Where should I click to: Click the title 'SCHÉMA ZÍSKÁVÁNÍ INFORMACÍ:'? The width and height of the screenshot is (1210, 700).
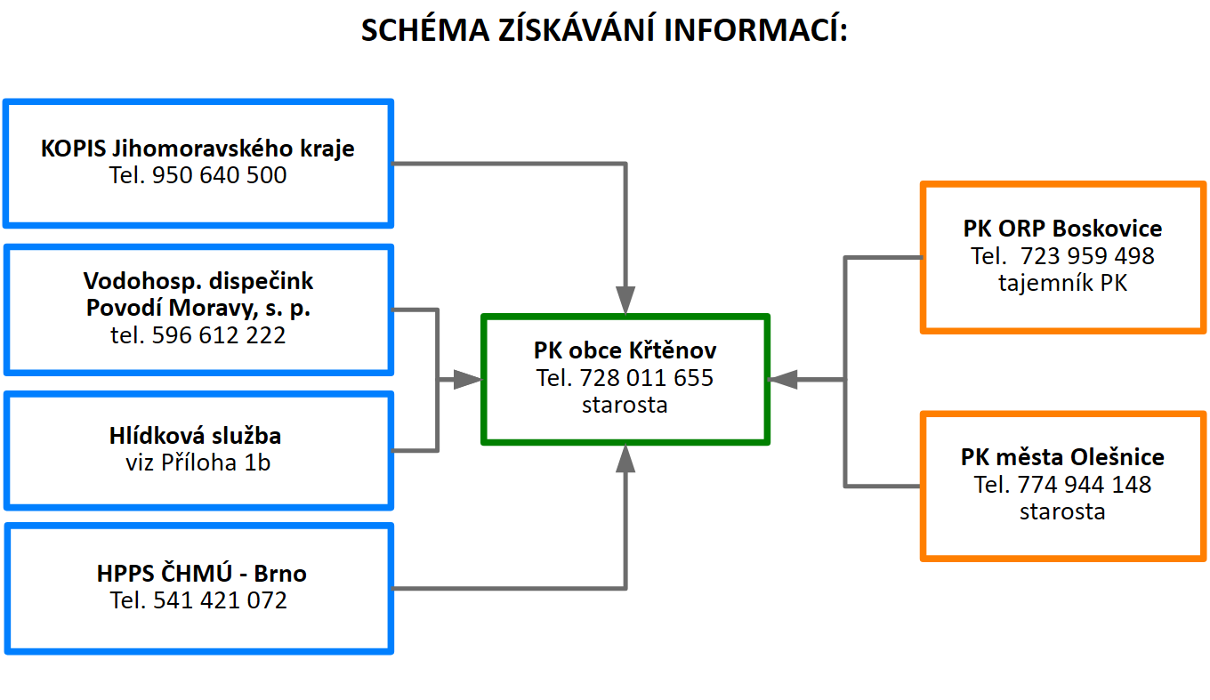tap(604, 29)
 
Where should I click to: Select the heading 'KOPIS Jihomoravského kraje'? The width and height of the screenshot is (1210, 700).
tap(198, 149)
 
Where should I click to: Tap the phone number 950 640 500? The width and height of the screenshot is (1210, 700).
tap(219, 175)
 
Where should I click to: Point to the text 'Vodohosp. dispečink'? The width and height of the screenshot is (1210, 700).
tap(198, 281)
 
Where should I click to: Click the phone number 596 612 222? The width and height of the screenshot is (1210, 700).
tap(219, 335)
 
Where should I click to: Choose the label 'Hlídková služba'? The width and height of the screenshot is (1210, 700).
tap(196, 436)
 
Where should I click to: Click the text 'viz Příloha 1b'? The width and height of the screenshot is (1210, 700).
tap(198, 463)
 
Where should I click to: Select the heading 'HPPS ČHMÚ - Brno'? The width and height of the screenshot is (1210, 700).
tap(201, 573)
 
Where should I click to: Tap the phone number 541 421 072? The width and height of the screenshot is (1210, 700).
tap(220, 600)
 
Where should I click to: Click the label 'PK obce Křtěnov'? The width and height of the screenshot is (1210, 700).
tap(625, 350)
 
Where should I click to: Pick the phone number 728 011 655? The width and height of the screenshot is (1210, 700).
tap(647, 378)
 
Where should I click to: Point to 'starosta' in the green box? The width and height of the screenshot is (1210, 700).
tap(625, 405)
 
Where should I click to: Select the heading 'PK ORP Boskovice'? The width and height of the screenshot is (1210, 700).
tap(1062, 229)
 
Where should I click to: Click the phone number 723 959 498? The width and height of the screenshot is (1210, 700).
tap(1087, 256)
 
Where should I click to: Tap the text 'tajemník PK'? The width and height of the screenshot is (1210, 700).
tap(1062, 283)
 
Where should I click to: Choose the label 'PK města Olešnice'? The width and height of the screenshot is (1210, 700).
tap(1062, 457)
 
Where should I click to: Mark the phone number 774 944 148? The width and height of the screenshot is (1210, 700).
tap(1085, 485)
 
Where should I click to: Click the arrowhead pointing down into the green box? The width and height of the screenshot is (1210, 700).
tap(625, 300)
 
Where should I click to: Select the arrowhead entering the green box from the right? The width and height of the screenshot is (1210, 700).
tap(783, 380)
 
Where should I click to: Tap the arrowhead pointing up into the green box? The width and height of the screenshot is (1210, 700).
tap(625, 458)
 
